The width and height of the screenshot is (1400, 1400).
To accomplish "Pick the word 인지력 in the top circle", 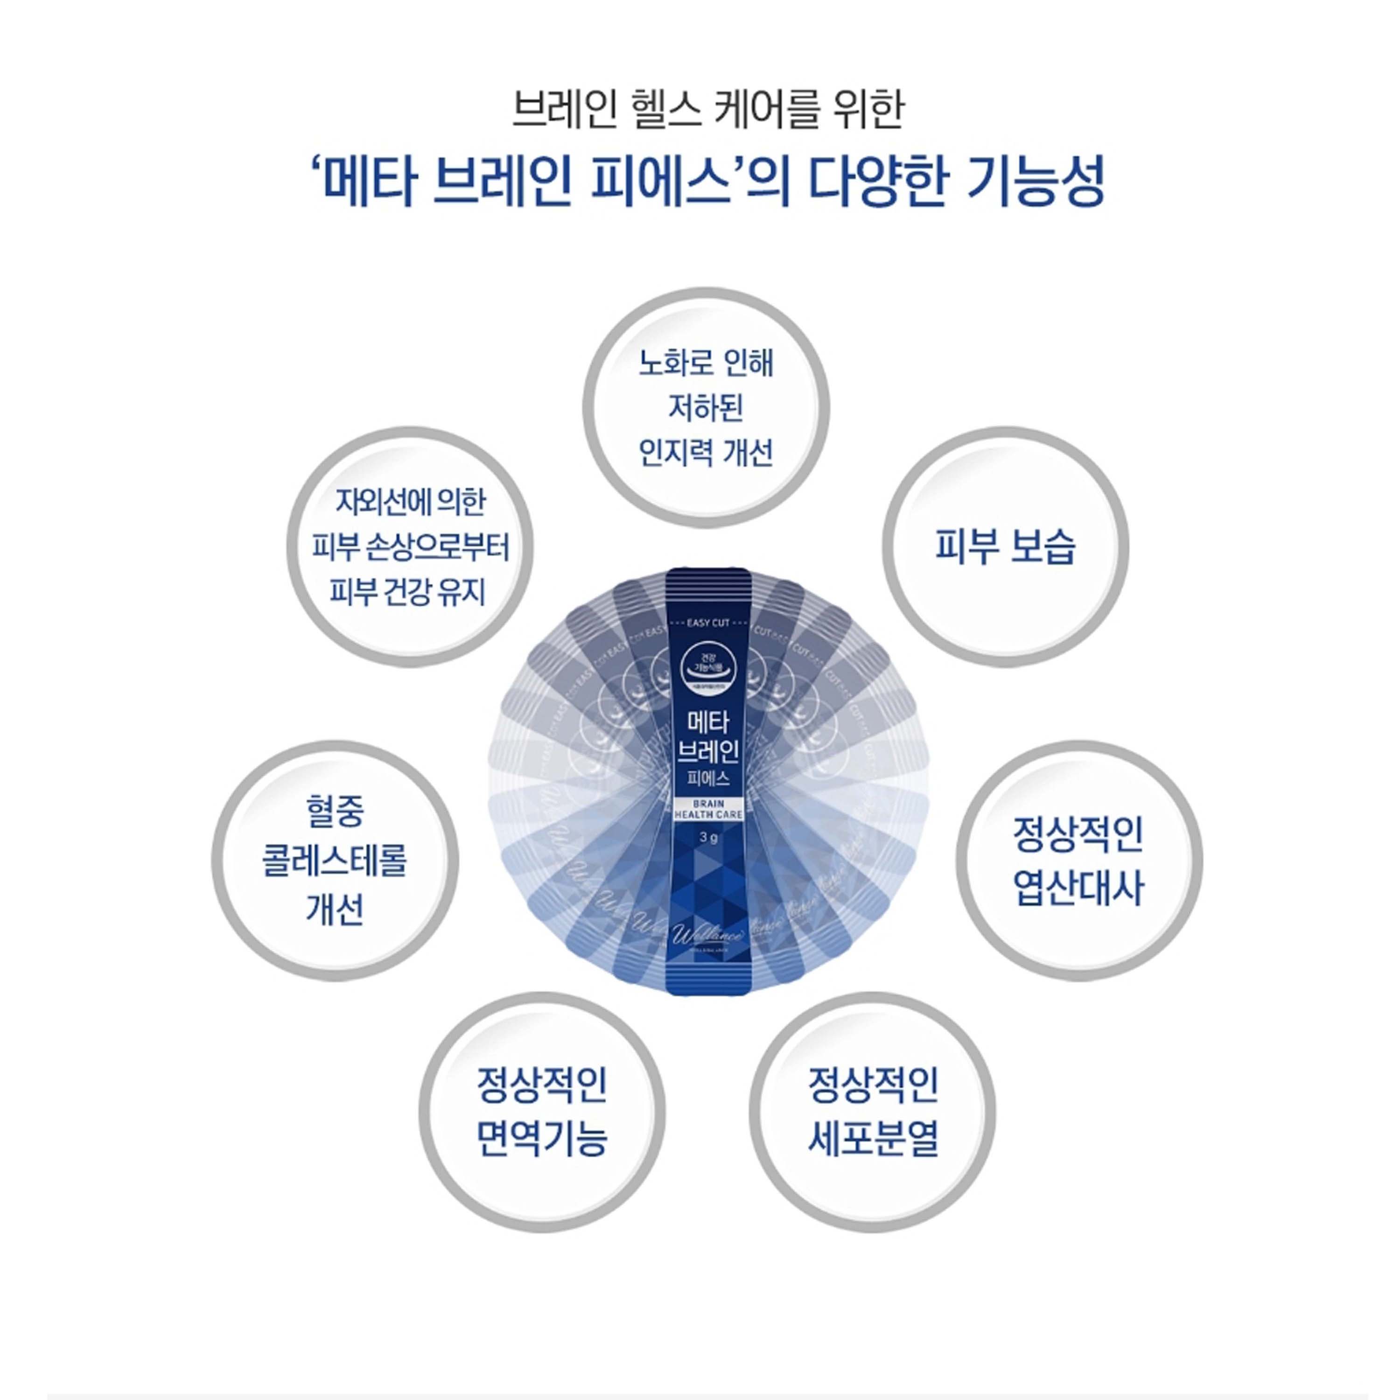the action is (671, 453).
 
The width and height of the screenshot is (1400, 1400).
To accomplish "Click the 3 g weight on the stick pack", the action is (708, 838).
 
